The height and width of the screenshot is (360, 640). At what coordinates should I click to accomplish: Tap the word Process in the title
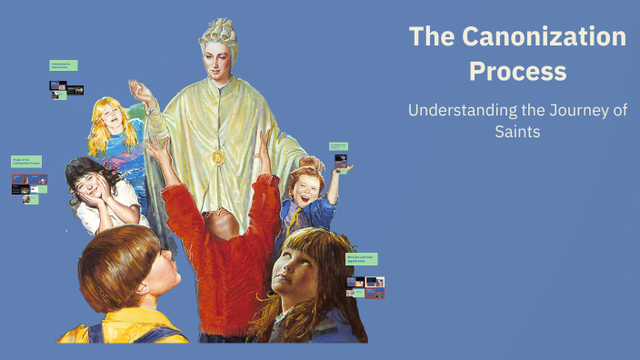pyautogui.click(x=516, y=71)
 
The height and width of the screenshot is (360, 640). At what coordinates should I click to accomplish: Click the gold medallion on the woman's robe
pyautogui.click(x=218, y=156)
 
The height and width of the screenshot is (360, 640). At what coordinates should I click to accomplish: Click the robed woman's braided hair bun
pyautogui.click(x=219, y=28)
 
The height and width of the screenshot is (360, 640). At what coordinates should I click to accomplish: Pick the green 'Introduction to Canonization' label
pyautogui.click(x=64, y=65)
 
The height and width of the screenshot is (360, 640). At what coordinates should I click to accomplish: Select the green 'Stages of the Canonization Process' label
pyautogui.click(x=26, y=161)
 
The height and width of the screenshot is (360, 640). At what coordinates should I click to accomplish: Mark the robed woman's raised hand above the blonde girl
pyautogui.click(x=139, y=91)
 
